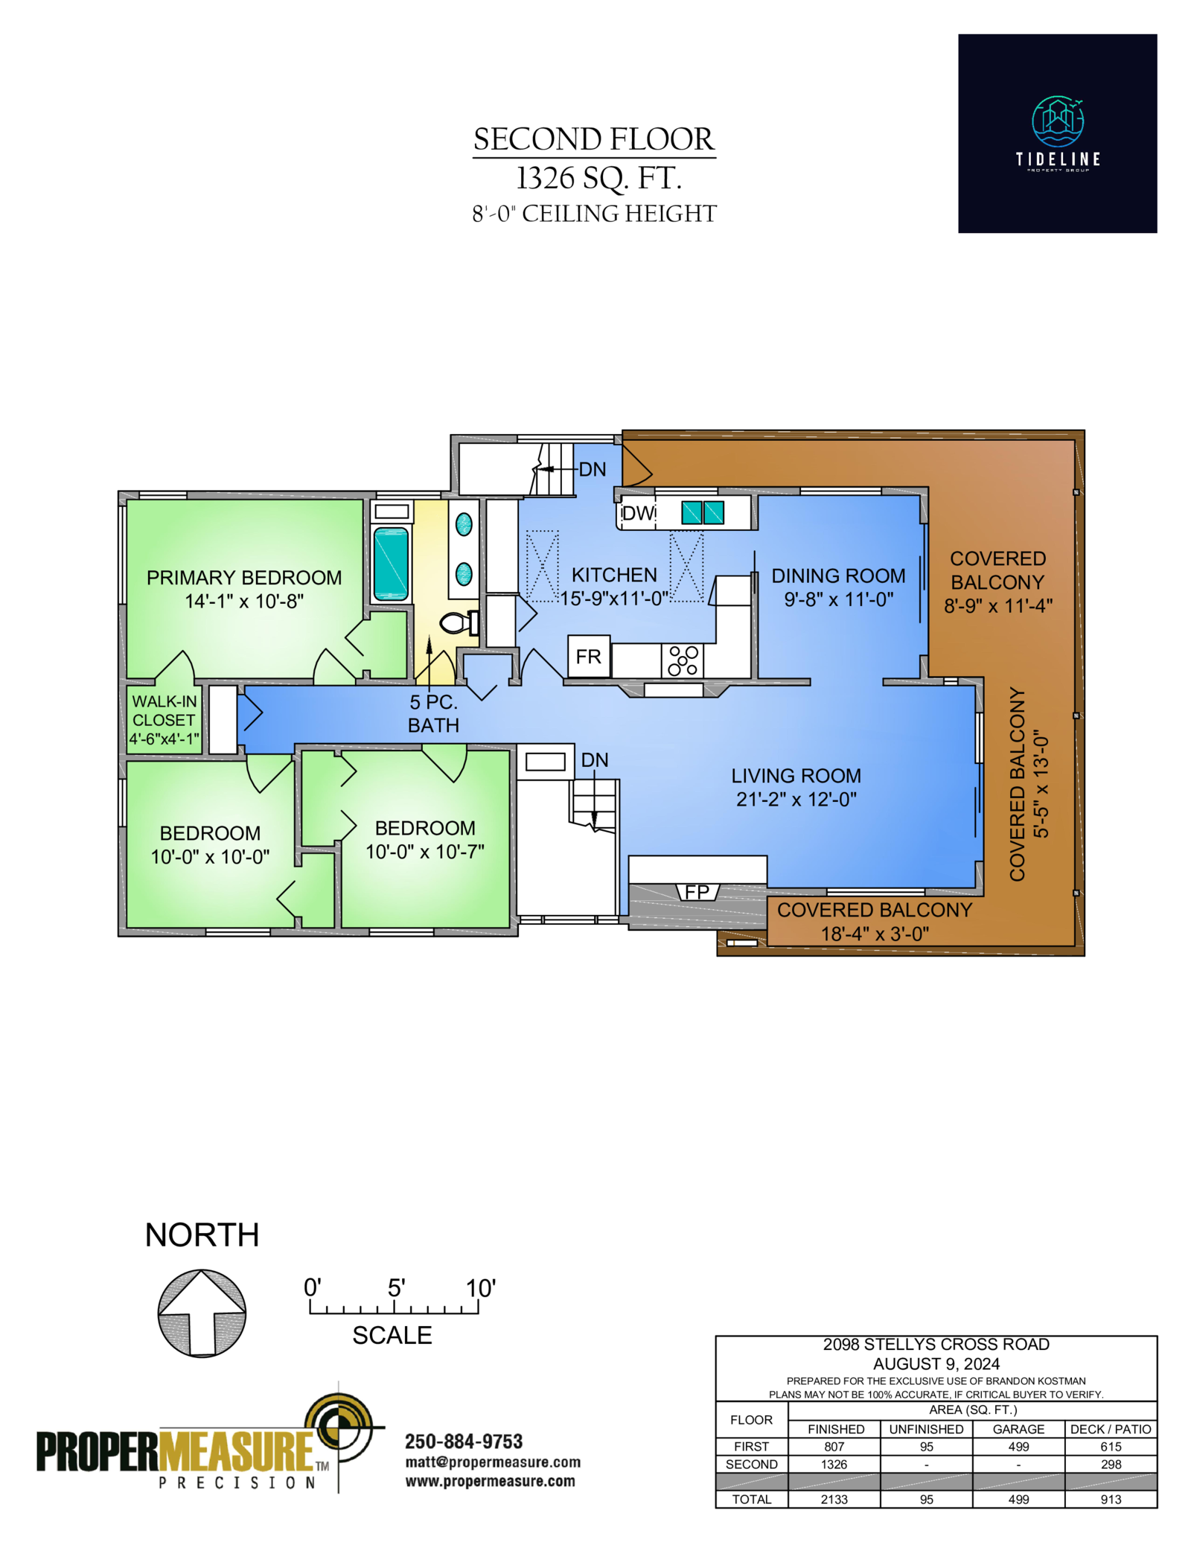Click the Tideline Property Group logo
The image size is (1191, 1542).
(x=1057, y=133)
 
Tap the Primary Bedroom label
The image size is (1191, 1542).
(x=244, y=578)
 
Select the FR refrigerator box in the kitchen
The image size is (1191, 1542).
(x=588, y=656)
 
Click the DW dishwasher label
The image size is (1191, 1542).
(x=638, y=513)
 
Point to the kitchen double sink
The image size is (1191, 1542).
(x=703, y=512)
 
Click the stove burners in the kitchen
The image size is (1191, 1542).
(x=683, y=660)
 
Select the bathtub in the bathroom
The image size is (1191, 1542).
(x=391, y=564)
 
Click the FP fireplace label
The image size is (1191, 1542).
(x=697, y=891)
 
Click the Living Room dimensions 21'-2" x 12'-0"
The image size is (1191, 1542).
(x=796, y=799)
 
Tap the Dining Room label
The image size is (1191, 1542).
(x=838, y=576)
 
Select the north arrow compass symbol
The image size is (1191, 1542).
(x=202, y=1313)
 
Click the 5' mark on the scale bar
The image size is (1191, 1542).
(x=396, y=1287)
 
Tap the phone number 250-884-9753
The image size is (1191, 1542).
(x=464, y=1441)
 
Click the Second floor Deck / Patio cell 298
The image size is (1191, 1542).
(x=1111, y=1464)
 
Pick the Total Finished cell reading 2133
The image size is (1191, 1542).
(x=834, y=1500)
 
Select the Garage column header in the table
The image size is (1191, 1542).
(x=1018, y=1429)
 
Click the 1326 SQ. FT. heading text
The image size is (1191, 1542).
(x=599, y=178)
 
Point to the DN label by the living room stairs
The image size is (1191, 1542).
(x=595, y=759)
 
